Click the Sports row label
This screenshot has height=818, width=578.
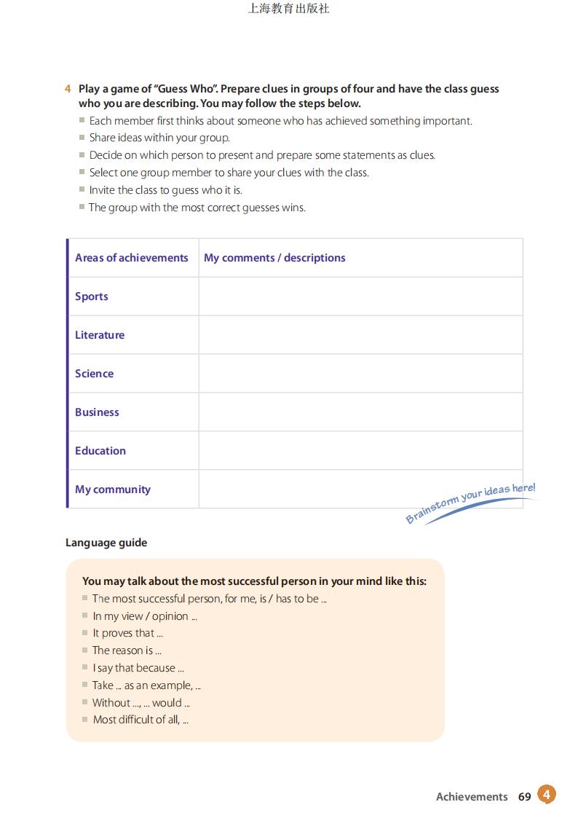(92, 296)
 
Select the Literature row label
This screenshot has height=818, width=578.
(100, 335)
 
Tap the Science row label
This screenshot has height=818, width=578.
(94, 374)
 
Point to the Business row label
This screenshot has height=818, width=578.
(97, 412)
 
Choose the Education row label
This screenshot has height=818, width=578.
(100, 451)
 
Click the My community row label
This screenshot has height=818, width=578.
(113, 489)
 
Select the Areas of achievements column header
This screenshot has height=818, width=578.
(131, 258)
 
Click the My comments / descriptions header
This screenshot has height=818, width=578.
(274, 258)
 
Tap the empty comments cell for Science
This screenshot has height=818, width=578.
(360, 374)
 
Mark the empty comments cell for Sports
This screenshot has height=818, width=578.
(360, 296)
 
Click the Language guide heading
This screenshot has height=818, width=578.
(106, 543)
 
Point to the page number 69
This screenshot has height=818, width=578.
(525, 797)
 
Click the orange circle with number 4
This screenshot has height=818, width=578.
(547, 794)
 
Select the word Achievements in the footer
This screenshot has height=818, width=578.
(472, 797)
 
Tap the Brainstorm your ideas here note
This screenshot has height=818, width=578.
(470, 503)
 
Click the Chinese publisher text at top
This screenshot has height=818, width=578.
(288, 9)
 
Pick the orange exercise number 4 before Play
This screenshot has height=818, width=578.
(68, 89)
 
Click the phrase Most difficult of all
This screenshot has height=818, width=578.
(140, 720)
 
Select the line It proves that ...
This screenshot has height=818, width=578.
(127, 633)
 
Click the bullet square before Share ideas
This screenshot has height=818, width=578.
(82, 138)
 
